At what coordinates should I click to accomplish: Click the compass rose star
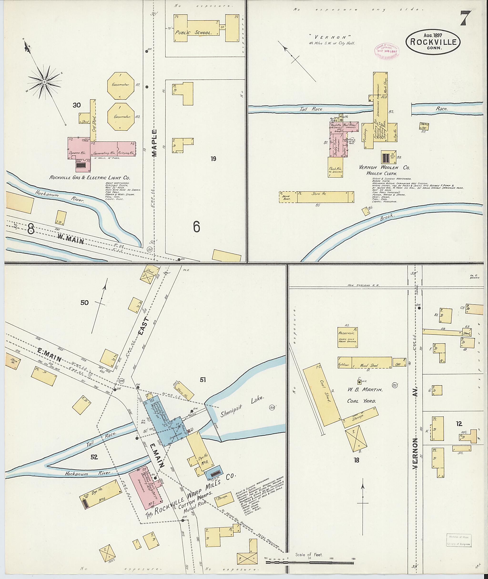pyautogui.click(x=44, y=82)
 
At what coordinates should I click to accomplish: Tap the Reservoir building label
pyautogui.click(x=347, y=334)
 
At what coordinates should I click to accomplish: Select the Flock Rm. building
pyautogui.click(x=335, y=167)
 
